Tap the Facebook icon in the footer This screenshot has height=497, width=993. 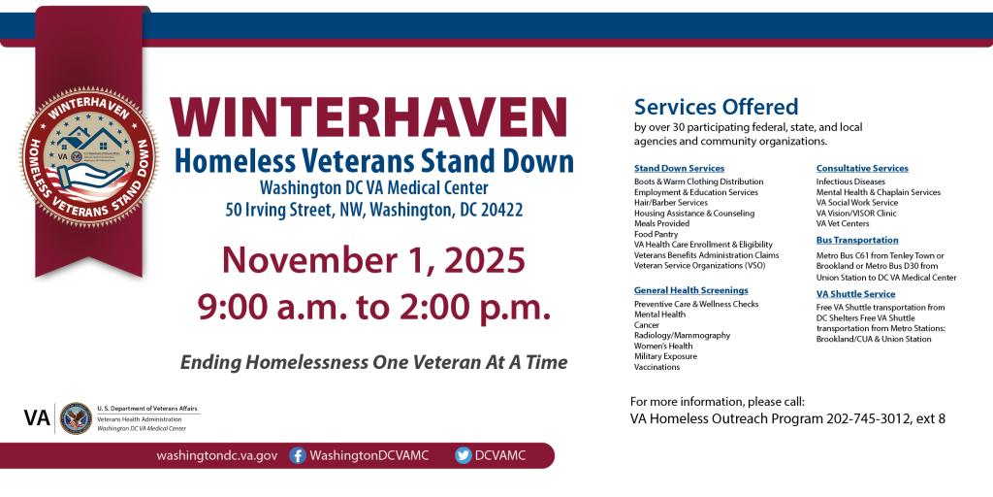pos(299,455)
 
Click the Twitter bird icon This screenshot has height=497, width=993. pos(464,455)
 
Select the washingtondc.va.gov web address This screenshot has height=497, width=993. pos(217,455)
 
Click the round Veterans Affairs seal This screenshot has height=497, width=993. pos(76,418)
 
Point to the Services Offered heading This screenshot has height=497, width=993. pos(716,107)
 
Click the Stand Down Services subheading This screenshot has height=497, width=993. pos(679,168)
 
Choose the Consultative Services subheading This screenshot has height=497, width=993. pos(862,168)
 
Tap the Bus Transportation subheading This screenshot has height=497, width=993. pos(857,240)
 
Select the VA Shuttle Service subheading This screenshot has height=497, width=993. pos(855,293)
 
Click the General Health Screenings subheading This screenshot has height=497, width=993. pos(690,289)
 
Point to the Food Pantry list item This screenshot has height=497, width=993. pos(657,234)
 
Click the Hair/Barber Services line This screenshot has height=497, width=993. pos(670,202)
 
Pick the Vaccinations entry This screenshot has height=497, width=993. pos(657,367)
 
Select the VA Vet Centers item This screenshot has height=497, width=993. pos(842,223)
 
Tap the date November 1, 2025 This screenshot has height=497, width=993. pos(373,260)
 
